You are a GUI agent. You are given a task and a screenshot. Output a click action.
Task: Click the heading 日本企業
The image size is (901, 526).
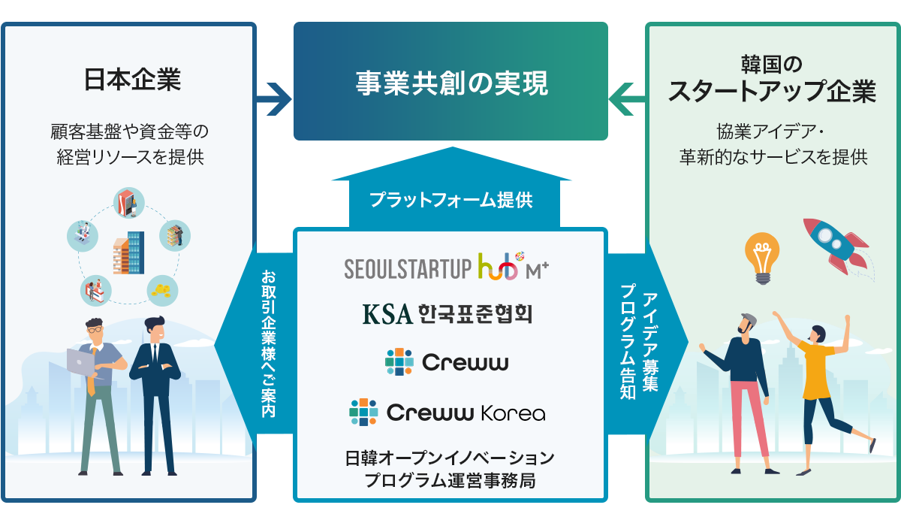tap(132, 80)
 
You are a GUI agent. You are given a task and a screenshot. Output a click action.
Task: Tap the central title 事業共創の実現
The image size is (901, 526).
tap(451, 83)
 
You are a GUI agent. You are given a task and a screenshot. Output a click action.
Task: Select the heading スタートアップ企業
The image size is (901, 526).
tap(772, 91)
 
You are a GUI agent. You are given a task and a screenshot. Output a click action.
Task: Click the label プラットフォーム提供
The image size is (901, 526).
tap(451, 200)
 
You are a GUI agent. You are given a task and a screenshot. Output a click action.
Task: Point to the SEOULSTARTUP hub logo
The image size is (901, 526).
tap(447, 268)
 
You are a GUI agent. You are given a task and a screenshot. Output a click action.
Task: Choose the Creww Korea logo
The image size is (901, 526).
tap(447, 413)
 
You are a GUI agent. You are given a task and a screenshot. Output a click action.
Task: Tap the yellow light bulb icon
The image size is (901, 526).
tap(762, 257)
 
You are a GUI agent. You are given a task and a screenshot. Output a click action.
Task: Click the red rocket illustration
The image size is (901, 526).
tap(835, 244)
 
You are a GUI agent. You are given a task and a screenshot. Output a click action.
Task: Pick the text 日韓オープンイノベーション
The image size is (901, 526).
tap(450, 458)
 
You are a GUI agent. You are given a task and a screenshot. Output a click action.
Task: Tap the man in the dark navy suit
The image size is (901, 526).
tap(155, 391)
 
